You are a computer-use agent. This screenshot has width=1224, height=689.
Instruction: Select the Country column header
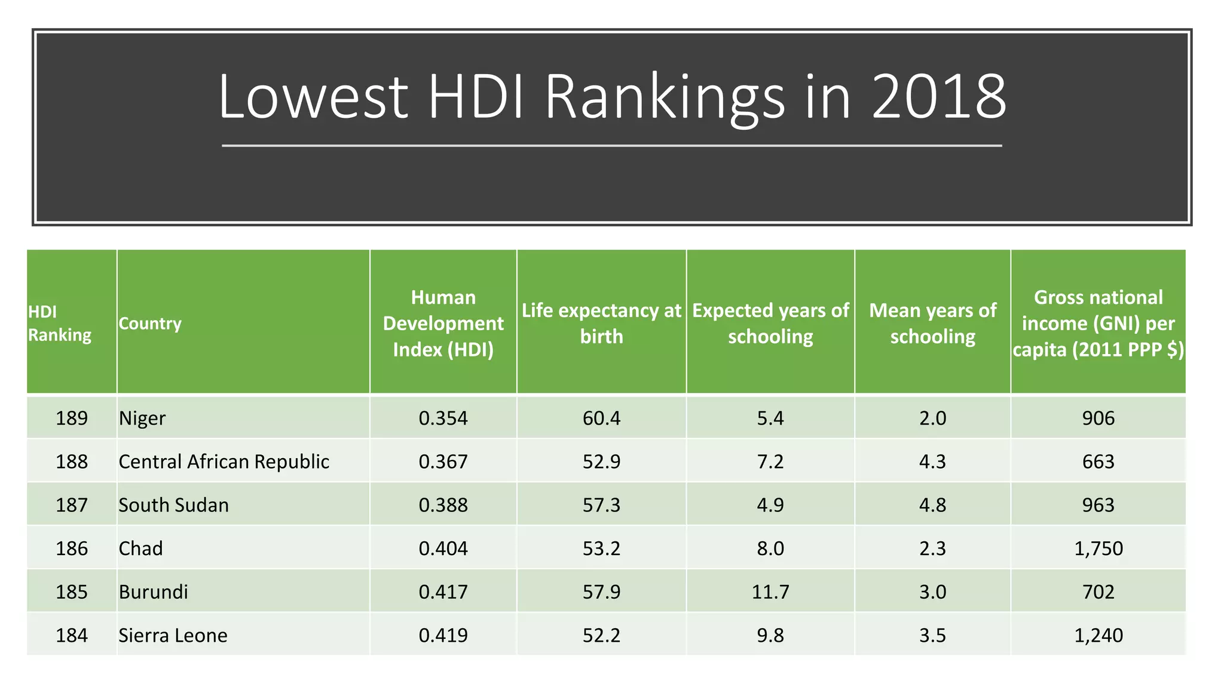coord(150,324)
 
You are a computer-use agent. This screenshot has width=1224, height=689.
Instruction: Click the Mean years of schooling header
coord(932,324)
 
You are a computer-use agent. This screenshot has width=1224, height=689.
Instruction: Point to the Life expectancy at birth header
coord(601,324)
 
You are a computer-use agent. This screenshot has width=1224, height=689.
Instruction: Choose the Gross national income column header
coord(1098,324)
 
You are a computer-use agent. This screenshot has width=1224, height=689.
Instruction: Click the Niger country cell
coord(142,418)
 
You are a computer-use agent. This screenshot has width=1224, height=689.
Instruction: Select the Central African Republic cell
coord(224,462)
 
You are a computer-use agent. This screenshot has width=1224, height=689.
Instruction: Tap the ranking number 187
coord(72,505)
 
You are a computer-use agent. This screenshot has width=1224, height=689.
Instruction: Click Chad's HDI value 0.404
coord(443,548)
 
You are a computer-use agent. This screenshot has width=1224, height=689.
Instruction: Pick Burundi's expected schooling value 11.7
coord(770,592)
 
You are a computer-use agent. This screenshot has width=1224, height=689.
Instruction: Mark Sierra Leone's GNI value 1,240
coord(1098,635)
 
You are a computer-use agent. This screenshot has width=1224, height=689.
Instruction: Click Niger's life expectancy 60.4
coord(601,418)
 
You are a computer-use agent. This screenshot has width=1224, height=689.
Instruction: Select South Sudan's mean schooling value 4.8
coord(932,505)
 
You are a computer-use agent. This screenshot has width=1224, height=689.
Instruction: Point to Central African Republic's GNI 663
coord(1098,462)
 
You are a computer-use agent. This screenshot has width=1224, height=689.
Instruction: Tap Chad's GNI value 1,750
coord(1098,548)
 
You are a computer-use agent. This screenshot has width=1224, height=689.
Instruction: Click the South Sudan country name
coord(173,505)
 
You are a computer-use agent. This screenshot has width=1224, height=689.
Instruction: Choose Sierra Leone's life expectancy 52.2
coord(601,635)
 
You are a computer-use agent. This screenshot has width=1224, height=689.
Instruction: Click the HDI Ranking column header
coord(60,324)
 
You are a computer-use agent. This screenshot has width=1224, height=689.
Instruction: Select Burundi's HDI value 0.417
coord(443,592)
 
